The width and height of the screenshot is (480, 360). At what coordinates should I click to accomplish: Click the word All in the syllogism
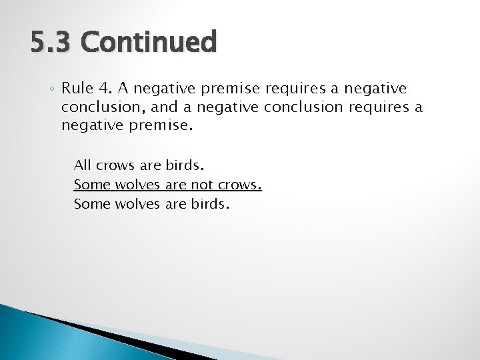point(83,165)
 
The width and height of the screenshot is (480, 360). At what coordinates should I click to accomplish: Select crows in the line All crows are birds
point(116,165)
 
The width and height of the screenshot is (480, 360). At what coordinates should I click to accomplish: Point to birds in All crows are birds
point(189,165)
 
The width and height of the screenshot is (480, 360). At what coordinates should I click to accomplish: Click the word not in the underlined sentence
point(203,185)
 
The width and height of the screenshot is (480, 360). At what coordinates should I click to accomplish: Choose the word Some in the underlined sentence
point(92,185)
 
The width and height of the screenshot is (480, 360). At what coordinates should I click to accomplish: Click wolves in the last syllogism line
point(138,204)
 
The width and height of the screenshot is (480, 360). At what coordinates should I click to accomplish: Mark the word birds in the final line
point(208,204)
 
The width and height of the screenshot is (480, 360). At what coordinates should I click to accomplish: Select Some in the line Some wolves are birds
point(92,204)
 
